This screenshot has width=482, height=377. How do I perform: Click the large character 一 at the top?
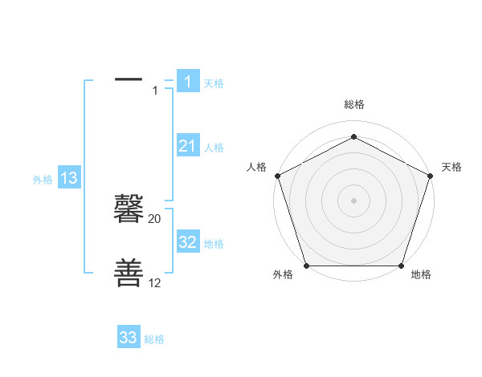[129, 79]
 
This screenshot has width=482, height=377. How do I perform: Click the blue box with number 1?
[188, 82]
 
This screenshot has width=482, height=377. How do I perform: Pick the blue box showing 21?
[188, 146]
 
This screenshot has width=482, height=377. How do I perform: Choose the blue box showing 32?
[188, 242]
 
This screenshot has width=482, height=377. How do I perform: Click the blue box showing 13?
[69, 178]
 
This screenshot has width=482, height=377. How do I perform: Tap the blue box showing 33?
[129, 338]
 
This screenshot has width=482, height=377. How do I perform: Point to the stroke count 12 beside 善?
[155, 283]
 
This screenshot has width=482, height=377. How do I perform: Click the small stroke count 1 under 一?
[155, 91]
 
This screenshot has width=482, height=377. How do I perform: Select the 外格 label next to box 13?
[43, 180]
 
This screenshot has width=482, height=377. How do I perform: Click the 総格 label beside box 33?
[154, 339]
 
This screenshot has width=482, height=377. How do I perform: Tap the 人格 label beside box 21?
[214, 148]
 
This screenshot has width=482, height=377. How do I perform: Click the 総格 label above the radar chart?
[353, 104]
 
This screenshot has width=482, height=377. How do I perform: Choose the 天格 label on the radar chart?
[451, 167]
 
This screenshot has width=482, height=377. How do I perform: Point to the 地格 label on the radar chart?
[421, 274]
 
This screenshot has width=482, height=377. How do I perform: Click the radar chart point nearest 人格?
[277, 176]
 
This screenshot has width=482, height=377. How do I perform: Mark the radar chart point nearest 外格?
[306, 266]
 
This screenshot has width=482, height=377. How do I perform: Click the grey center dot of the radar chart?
[353, 200]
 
